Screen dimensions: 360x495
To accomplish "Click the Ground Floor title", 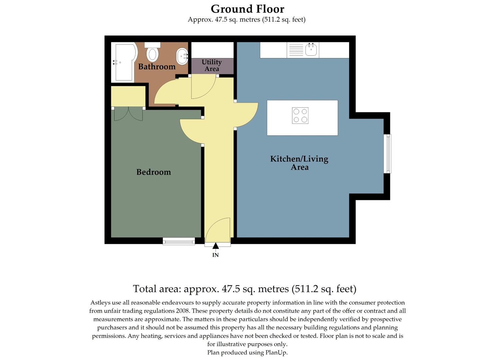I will click(247, 9).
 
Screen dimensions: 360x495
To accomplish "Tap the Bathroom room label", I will click(157, 67).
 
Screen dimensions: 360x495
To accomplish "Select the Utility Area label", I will click(212, 65).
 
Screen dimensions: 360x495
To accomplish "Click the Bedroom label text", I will click(153, 172).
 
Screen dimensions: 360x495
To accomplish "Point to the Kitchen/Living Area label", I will click(299, 163).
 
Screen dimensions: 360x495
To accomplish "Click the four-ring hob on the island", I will click(300, 116).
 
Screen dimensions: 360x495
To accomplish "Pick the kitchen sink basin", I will click(312, 50).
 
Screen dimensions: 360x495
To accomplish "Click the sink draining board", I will click(296, 50).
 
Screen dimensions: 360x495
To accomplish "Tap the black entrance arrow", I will click(216, 246).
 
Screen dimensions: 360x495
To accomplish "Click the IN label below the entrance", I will click(216, 255).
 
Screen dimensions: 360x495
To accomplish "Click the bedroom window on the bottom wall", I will click(179, 241).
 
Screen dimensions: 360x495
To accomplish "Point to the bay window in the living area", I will click(387, 154).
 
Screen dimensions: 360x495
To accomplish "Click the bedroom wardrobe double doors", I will click(128, 114).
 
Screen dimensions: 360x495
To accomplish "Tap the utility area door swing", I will click(203, 87).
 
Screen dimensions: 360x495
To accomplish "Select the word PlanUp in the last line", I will click(276, 352).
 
